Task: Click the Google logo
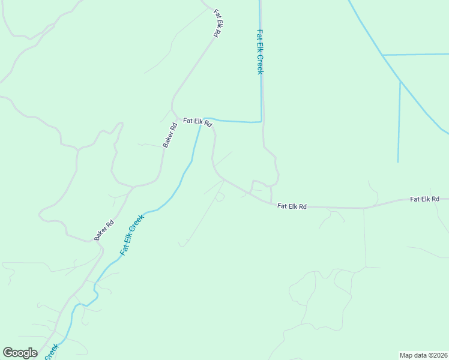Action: point(20,353)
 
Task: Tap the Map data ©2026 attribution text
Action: point(424,355)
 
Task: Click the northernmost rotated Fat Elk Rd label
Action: point(217,23)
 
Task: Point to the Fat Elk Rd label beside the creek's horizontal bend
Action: point(197,122)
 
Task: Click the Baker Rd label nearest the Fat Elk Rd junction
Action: point(170,135)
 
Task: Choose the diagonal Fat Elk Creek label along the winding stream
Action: point(132,235)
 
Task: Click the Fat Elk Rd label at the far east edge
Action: point(425,199)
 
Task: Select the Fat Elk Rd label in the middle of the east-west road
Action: point(292,206)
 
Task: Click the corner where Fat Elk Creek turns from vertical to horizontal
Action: point(261,121)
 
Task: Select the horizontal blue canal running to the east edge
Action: point(415,55)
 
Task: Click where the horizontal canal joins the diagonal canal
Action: point(382,55)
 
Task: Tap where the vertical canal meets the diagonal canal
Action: point(400,81)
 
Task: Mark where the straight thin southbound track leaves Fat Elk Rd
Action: point(364,209)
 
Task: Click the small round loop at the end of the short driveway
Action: point(220,197)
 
